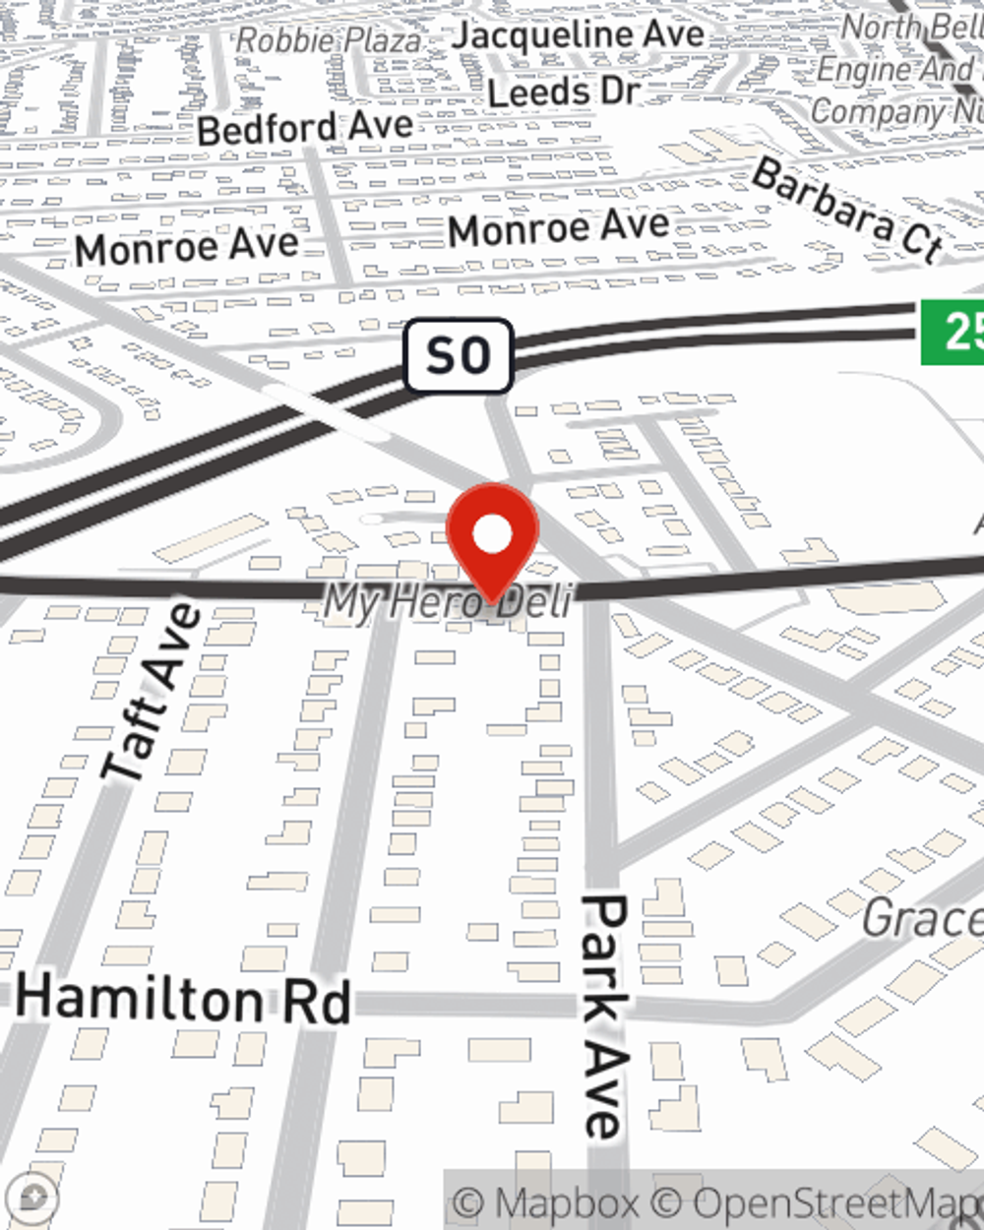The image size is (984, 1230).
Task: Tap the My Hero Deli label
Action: pos(448,601)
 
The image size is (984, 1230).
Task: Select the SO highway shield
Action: pos(459,355)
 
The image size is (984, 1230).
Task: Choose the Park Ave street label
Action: pos(604,1014)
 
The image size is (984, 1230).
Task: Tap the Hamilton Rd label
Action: pos(184,999)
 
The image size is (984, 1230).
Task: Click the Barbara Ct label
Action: pos(847,211)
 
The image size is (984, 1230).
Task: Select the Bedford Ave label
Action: pos(305,127)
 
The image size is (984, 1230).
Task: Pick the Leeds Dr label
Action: pos(564,92)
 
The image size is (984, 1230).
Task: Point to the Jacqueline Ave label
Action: pos(579,35)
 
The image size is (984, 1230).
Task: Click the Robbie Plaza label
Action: pos(329,40)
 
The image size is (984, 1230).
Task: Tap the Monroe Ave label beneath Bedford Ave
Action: pos(187,246)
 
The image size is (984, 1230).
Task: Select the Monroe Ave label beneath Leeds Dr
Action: pos(559,229)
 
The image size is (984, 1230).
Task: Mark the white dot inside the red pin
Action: pos(493,535)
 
